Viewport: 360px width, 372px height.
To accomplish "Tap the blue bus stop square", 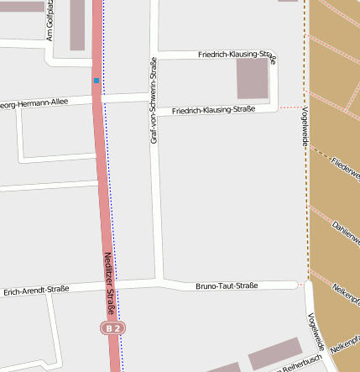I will coord(97,81).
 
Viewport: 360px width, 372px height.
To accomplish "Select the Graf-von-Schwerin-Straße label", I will coord(154,101).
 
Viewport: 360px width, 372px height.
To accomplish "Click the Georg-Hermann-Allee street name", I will coord(34,104).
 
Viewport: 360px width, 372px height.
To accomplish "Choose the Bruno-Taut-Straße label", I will coord(226,286).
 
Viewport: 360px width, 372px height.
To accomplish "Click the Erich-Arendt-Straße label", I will coord(36,290).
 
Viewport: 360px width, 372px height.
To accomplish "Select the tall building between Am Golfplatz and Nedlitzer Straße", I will coord(77,24).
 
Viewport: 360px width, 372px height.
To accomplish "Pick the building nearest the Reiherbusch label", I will coord(274,354).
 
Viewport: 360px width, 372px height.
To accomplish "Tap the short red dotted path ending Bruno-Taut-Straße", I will coord(301,285).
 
